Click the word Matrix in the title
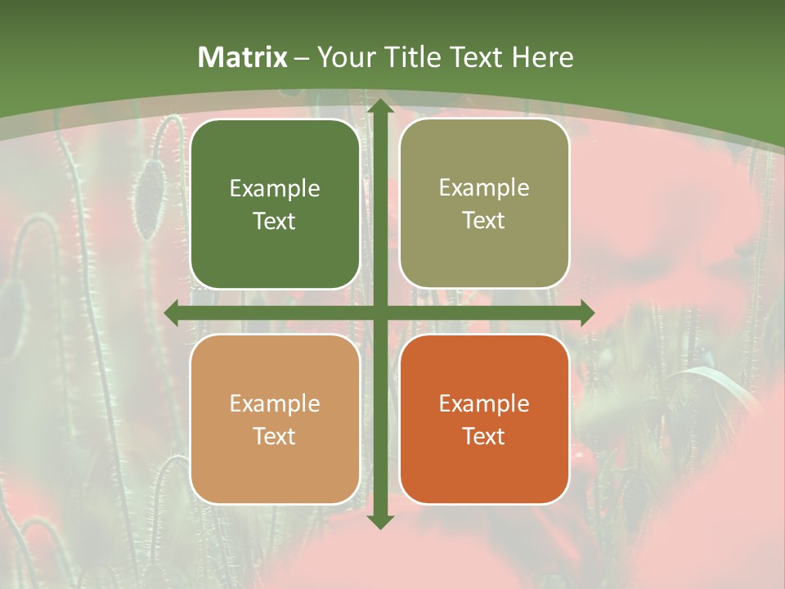(243, 57)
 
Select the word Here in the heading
(542, 57)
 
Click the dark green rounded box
(275, 205)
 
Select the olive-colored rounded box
(484, 204)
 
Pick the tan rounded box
(275, 420)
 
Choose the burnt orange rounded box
(484, 420)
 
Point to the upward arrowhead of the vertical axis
(379, 106)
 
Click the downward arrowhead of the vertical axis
(379, 521)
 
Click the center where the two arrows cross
(379, 312)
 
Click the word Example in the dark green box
(275, 189)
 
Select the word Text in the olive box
(484, 221)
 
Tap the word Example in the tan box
(275, 404)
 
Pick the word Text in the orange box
(484, 437)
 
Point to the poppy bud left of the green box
(150, 196)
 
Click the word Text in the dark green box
(275, 222)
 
